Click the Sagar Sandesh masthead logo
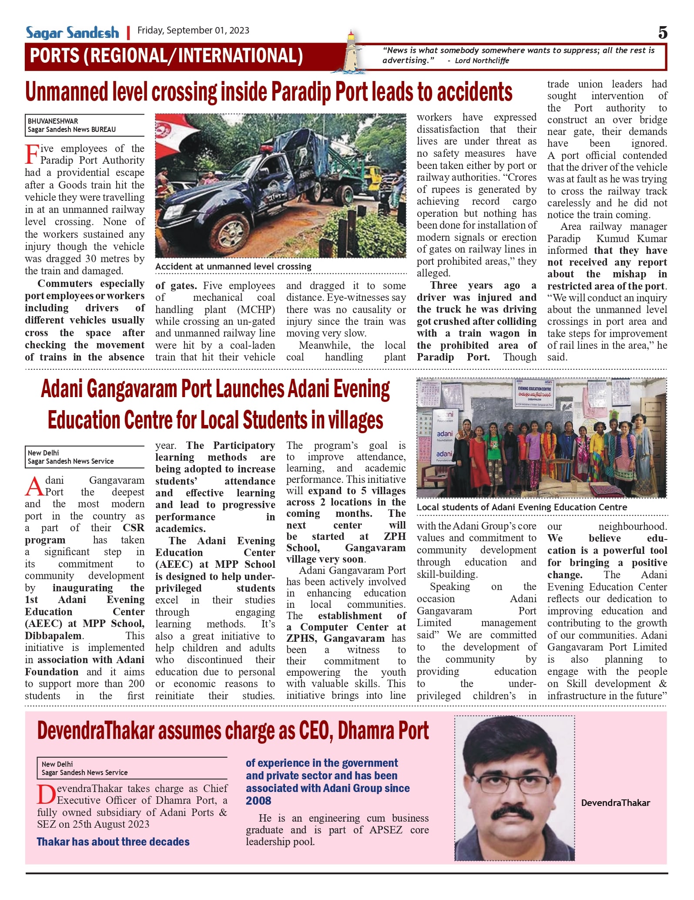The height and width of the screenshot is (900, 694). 72,33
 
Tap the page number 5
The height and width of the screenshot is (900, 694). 662,33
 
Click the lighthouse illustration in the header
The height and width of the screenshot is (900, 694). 352,52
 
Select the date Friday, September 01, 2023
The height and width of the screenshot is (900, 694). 193,30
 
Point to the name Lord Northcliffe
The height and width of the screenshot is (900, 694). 482,61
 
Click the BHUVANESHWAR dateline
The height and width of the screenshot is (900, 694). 53,121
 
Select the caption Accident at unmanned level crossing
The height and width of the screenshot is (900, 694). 233,266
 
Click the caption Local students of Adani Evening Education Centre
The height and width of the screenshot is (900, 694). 522,507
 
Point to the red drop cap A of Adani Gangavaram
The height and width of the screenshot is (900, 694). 34,486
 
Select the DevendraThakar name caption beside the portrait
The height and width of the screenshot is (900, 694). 615,803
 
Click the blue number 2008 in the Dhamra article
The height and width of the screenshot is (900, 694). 258,801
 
